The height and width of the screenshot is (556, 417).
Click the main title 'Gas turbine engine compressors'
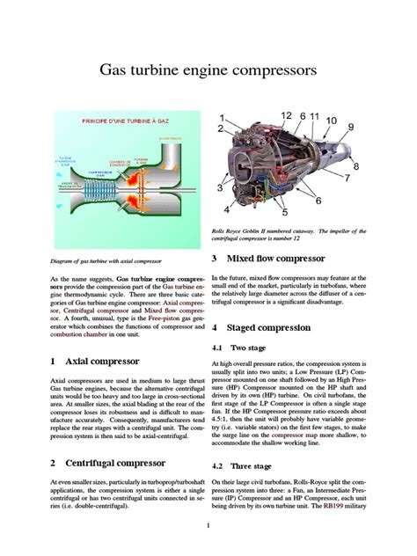tap(208, 69)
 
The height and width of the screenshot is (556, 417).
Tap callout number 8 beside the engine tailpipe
tap(355, 165)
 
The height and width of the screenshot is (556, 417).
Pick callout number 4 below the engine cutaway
tap(227, 210)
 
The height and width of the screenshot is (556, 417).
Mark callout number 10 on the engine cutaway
tap(330, 121)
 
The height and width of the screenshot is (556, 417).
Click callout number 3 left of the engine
tap(219, 187)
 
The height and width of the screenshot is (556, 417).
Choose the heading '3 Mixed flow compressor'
tap(268, 259)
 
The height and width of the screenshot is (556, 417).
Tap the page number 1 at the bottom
tap(208, 527)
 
